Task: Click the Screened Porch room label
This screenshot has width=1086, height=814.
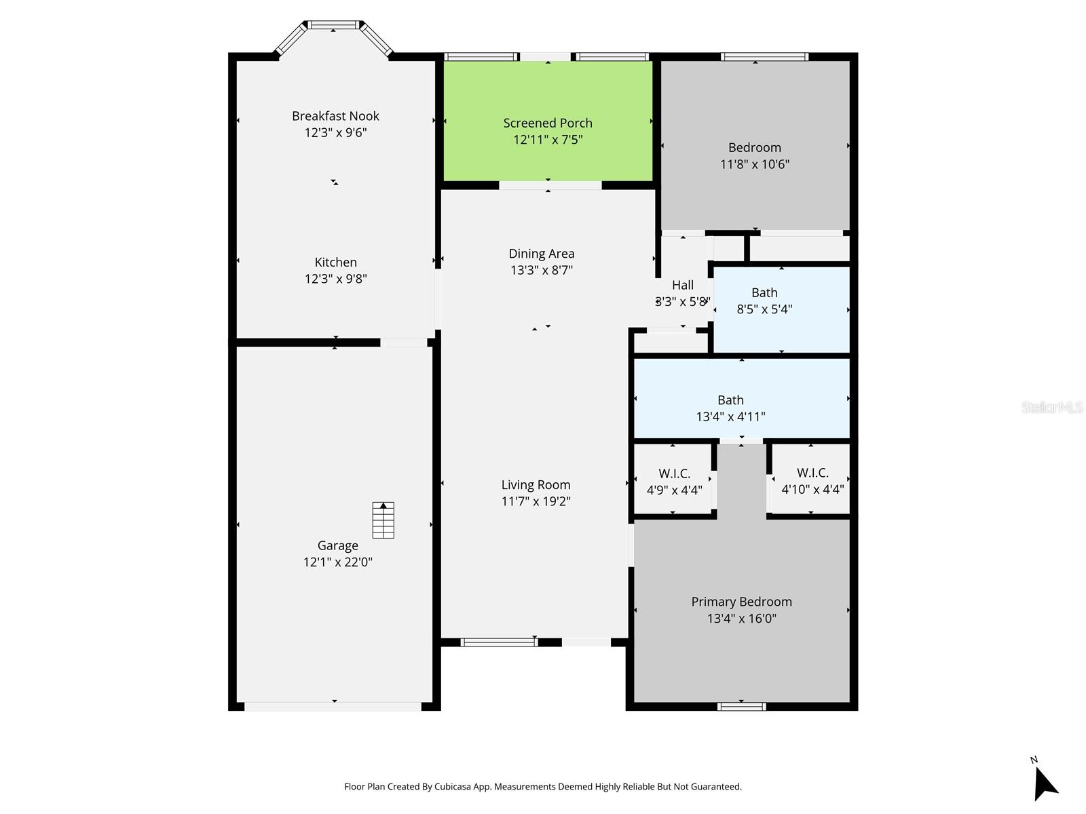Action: tap(548, 123)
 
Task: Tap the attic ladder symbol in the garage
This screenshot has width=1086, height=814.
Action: tap(383, 520)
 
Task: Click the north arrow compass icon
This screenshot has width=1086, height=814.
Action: tap(1045, 782)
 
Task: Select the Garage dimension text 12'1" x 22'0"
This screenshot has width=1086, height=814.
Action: tap(338, 562)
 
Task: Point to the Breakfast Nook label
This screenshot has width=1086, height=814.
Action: tap(335, 116)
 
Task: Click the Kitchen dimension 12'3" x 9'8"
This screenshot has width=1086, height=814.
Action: tap(335, 278)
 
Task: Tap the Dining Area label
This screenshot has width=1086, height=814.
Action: tap(542, 254)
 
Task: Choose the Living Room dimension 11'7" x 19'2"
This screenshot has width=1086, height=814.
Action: tap(536, 501)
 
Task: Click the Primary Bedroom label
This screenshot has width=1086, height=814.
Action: tap(741, 602)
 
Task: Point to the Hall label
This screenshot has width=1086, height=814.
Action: tap(683, 285)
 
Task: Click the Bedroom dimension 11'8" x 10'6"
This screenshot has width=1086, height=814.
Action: tap(755, 164)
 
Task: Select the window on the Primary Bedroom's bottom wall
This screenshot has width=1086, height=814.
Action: tap(741, 707)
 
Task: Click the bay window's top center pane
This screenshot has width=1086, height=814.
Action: tap(333, 26)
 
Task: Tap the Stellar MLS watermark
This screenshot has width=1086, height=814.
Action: tap(1052, 407)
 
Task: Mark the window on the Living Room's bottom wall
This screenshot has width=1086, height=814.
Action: tap(499, 642)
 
